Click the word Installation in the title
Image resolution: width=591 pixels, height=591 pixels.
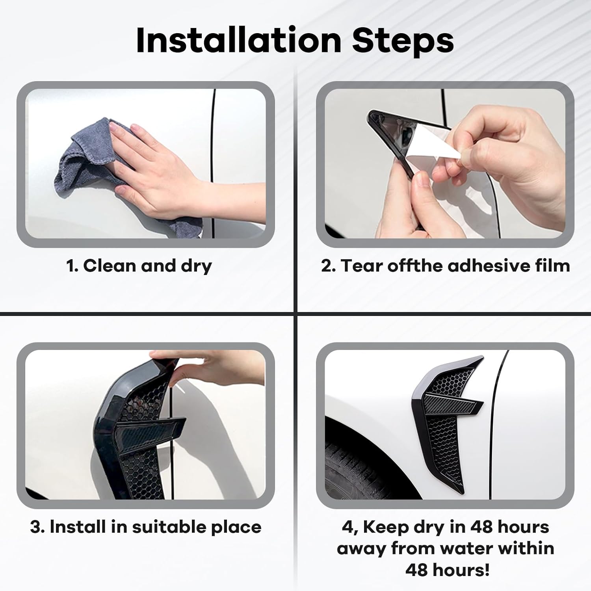point(238,40)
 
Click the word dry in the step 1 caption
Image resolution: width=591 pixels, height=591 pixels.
point(196,267)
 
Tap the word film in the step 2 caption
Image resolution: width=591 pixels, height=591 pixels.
point(552,266)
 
